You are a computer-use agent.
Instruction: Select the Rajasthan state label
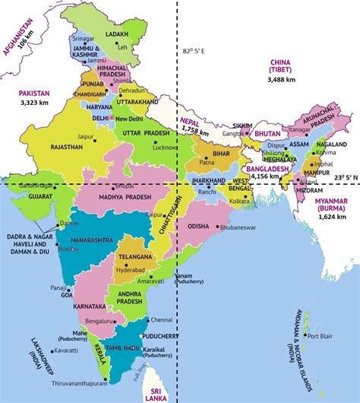67,147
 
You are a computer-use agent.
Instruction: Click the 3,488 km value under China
283,79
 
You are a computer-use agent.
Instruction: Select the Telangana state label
136,258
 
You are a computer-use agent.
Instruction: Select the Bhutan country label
268,133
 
